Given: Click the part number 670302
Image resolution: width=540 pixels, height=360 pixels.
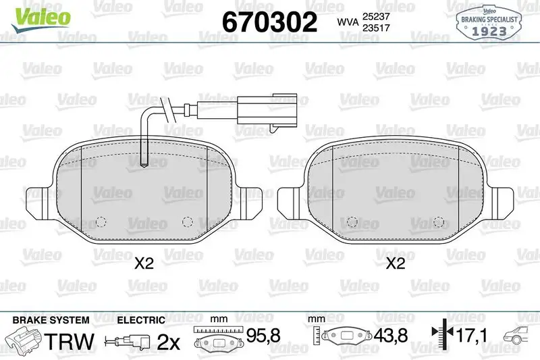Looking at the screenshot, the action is (x=269, y=22).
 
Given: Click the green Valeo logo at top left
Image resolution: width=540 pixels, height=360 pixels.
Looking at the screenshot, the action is (x=40, y=18).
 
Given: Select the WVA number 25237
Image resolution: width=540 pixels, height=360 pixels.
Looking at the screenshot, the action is (x=375, y=16).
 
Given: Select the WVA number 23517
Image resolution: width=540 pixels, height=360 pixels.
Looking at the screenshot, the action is (x=375, y=28).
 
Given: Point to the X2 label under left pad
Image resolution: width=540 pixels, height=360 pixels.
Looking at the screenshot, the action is (x=144, y=264).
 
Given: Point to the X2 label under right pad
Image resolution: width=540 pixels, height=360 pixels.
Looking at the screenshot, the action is (x=396, y=264).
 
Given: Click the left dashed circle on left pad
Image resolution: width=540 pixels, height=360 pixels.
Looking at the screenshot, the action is (x=101, y=222).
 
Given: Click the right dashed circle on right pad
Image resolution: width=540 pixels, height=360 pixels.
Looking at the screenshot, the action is (x=439, y=222).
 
